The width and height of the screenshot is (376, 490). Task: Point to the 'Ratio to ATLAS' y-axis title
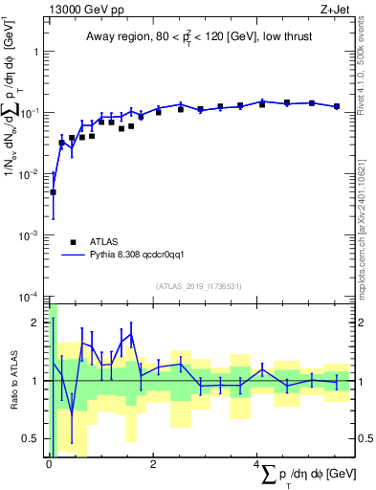(12, 381)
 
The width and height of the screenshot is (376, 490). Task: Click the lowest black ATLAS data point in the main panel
(54, 192)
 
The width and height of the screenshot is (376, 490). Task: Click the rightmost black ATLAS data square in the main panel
(337, 106)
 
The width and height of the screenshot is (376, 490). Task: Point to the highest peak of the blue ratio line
(131, 334)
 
